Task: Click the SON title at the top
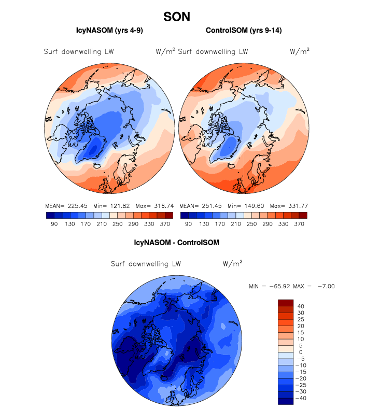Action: pyautogui.click(x=176, y=17)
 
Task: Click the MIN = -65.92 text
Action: pyautogui.click(x=272, y=286)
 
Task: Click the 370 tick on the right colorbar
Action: pyautogui.click(x=299, y=224)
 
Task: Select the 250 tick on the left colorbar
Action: pyautogui.click(x=116, y=224)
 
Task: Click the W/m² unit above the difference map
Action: pyautogui.click(x=232, y=263)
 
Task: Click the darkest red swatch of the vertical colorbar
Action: pyautogui.click(x=286, y=303)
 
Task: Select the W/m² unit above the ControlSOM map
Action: pyautogui.click(x=300, y=51)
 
